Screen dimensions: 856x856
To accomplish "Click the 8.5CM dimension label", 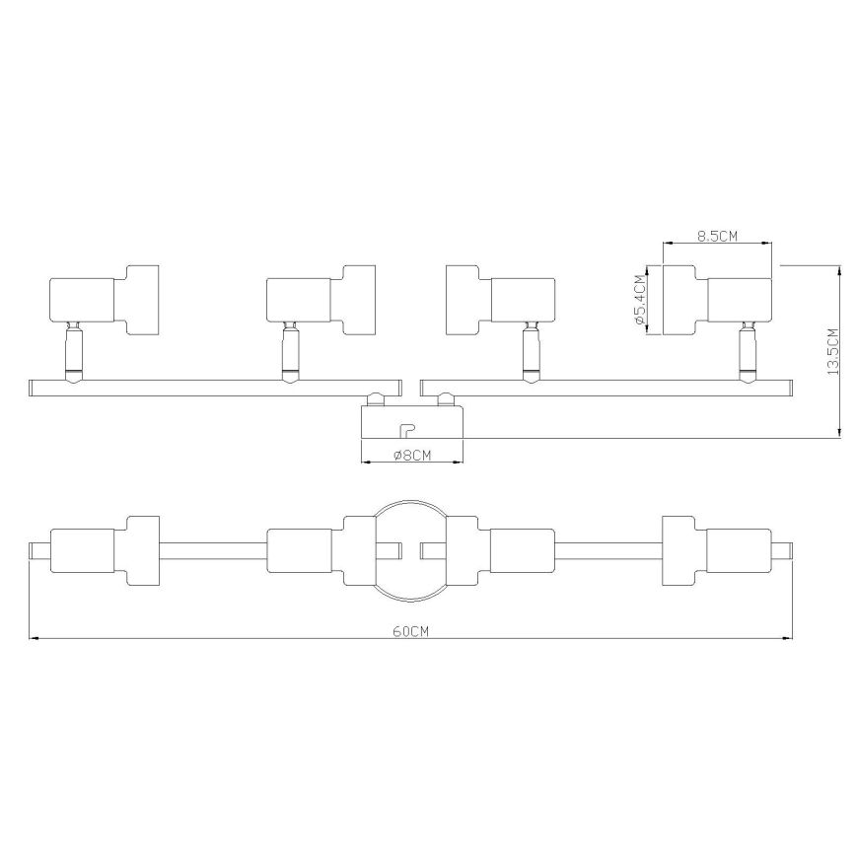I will (x=717, y=236).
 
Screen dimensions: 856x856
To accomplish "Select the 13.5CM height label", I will (x=833, y=350).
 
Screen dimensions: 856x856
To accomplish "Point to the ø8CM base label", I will (x=412, y=455).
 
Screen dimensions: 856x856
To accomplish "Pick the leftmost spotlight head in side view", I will (x=104, y=300).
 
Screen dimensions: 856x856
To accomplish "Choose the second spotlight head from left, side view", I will (x=321, y=300).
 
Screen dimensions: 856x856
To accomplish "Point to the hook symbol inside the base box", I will (x=405, y=430).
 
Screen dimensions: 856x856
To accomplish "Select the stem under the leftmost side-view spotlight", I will (x=73, y=352).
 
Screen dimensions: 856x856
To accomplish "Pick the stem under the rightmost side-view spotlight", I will (x=747, y=352).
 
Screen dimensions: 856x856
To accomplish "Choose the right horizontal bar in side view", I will (x=606, y=386).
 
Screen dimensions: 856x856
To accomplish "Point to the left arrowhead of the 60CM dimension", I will (x=34, y=639).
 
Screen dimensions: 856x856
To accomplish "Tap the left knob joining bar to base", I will (x=376, y=398).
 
